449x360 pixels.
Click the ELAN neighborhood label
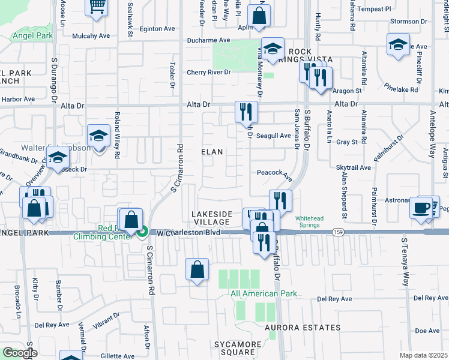(x=212, y=152)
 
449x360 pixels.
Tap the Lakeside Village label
(x=211, y=218)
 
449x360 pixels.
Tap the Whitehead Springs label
(x=310, y=222)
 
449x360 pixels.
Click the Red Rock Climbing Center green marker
(x=143, y=232)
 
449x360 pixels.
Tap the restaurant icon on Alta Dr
(x=246, y=111)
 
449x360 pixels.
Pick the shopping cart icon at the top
(x=96, y=7)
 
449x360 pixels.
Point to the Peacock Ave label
(x=274, y=173)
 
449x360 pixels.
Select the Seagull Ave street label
(x=274, y=136)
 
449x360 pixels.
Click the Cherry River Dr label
(x=209, y=73)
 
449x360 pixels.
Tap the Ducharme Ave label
(x=208, y=40)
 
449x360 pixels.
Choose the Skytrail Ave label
(x=354, y=169)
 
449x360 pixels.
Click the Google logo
(x=19, y=353)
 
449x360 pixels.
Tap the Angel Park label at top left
(x=32, y=36)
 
